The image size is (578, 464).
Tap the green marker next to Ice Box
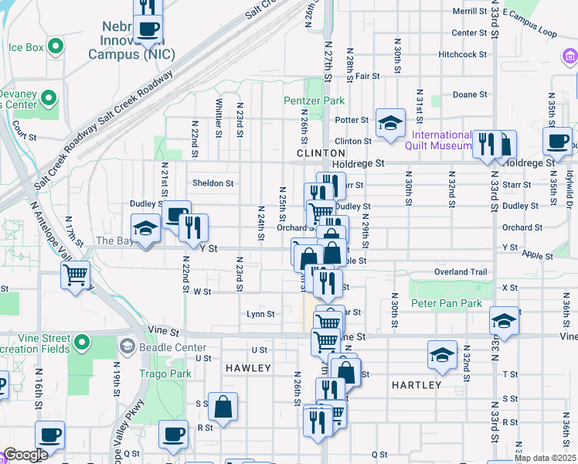pos(55,47)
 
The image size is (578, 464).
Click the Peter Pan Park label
pos(450,304)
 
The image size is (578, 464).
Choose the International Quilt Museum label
pos(436,140)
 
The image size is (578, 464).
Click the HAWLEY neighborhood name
pos(248,368)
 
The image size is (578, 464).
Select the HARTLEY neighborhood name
pos(416,384)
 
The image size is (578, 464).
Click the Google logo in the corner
pos(25,455)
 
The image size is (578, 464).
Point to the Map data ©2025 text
pos(544,458)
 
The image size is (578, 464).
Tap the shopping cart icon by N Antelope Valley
pos(76,275)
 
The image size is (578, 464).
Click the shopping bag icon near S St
pos(223,407)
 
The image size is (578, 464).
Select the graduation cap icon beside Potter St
pos(391,122)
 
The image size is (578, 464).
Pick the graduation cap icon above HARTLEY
pos(442,355)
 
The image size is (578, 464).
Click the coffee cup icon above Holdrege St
pos(557,142)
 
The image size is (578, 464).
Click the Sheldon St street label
pos(212,183)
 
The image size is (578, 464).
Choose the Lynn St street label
pos(260,314)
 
